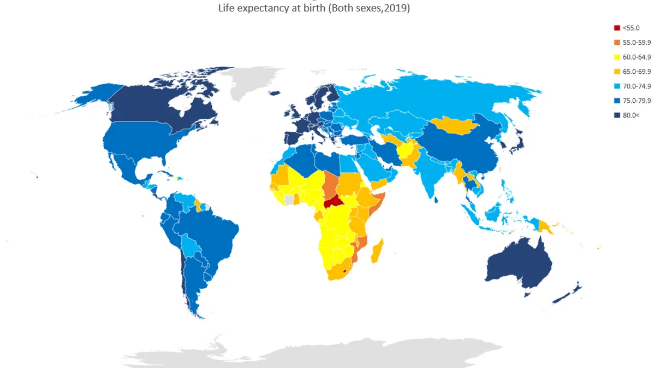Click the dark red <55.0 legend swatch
617,28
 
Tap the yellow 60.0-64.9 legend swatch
617,57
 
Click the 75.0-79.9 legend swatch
617,101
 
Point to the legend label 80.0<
630,115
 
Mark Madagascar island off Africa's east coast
377,252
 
